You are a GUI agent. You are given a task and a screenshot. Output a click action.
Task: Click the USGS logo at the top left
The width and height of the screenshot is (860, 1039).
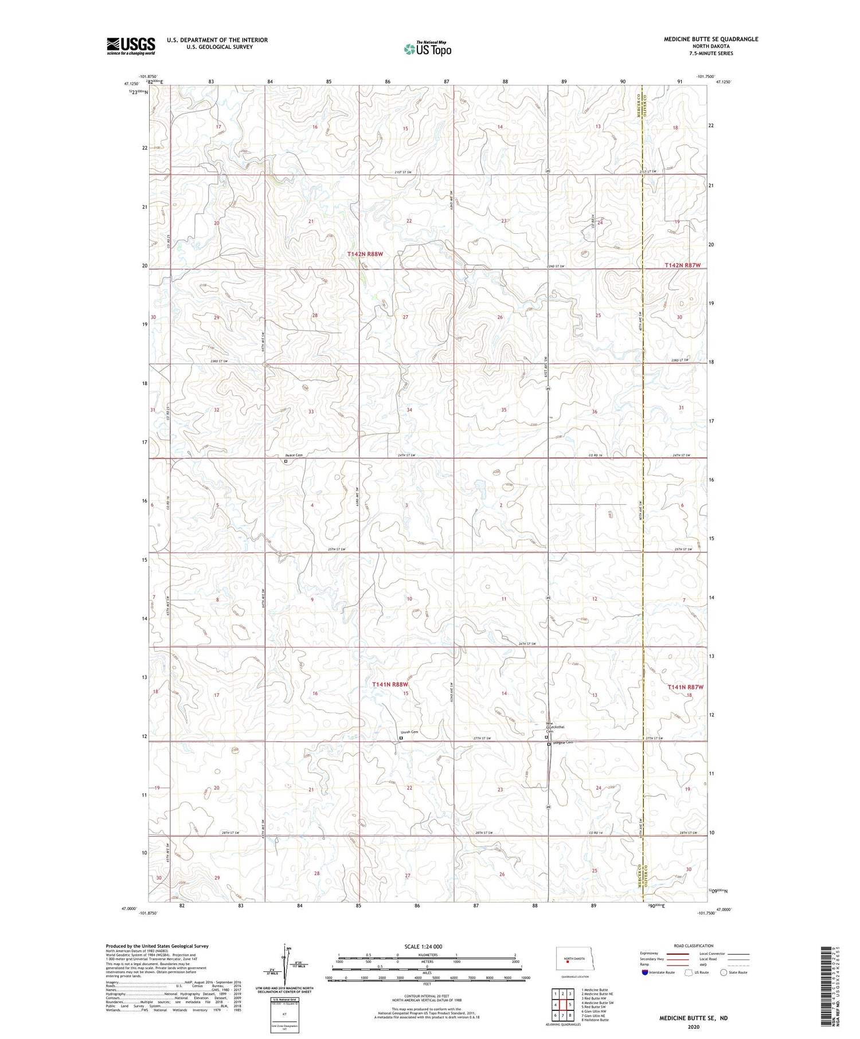(x=131, y=46)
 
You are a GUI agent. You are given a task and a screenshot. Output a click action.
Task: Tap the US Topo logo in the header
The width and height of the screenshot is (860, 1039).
(x=427, y=49)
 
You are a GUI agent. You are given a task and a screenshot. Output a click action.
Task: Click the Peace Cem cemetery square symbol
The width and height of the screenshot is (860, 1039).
(x=286, y=461)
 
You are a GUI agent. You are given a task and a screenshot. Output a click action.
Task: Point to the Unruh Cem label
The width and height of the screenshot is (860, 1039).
(x=409, y=732)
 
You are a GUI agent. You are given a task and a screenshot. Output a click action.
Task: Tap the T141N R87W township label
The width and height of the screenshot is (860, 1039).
(x=685, y=687)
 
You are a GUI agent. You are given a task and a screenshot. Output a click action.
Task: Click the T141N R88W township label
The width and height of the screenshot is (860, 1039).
(x=390, y=684)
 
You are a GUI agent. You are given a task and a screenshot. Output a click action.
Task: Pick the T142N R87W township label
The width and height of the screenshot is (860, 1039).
(x=682, y=265)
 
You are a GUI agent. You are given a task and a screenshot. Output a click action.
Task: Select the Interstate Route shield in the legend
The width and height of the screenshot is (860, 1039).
(x=646, y=972)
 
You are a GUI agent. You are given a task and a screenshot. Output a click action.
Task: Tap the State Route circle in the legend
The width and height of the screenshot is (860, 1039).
(x=724, y=972)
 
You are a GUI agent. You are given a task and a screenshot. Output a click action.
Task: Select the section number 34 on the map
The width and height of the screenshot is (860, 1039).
(x=409, y=410)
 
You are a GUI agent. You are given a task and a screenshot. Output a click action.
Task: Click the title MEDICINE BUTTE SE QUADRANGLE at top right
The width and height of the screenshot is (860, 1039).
(x=711, y=39)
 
